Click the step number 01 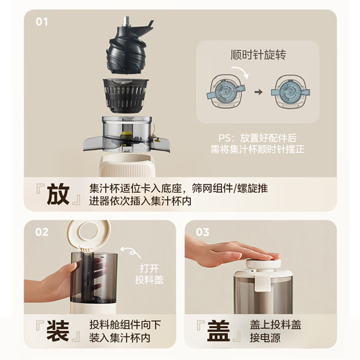41,22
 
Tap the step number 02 41,232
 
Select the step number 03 203,232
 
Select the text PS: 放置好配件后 257,139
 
